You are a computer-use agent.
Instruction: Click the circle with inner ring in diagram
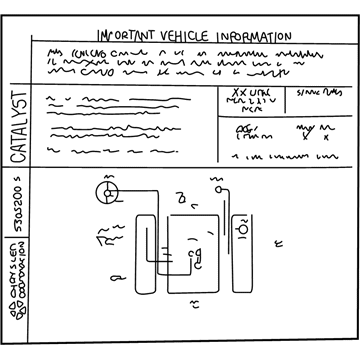pos(104,190)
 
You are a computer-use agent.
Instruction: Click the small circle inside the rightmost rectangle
pos(241,229)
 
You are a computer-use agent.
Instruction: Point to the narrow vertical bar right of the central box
pos(222,245)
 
